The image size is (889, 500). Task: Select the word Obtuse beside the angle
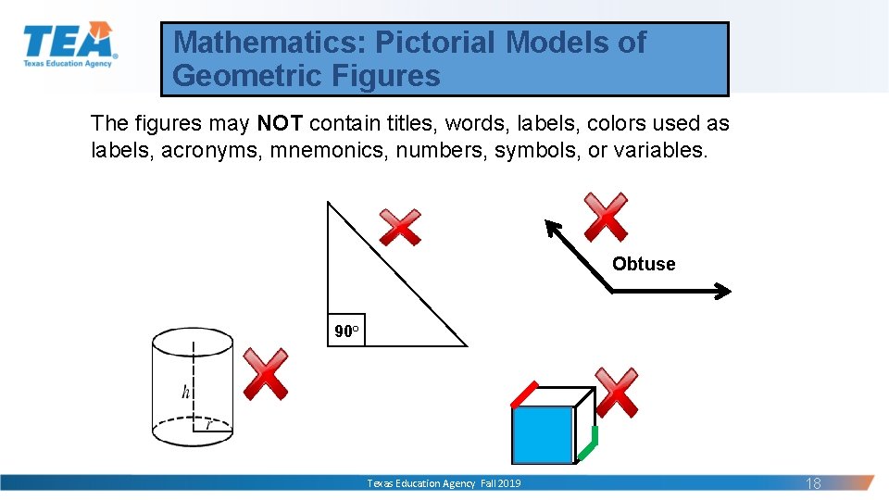644,264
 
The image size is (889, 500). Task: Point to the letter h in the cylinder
186,392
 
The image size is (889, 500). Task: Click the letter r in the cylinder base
209,426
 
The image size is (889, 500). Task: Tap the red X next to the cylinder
265,373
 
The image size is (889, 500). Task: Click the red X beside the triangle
400,227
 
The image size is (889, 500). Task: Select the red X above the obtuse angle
606,217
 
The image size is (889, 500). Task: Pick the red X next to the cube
617,392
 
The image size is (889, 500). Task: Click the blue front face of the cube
544,434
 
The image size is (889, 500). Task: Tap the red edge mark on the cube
524,394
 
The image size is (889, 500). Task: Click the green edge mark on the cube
588,444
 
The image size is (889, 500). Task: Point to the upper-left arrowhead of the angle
552,227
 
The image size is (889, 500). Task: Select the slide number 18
813,483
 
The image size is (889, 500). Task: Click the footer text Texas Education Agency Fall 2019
444,483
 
